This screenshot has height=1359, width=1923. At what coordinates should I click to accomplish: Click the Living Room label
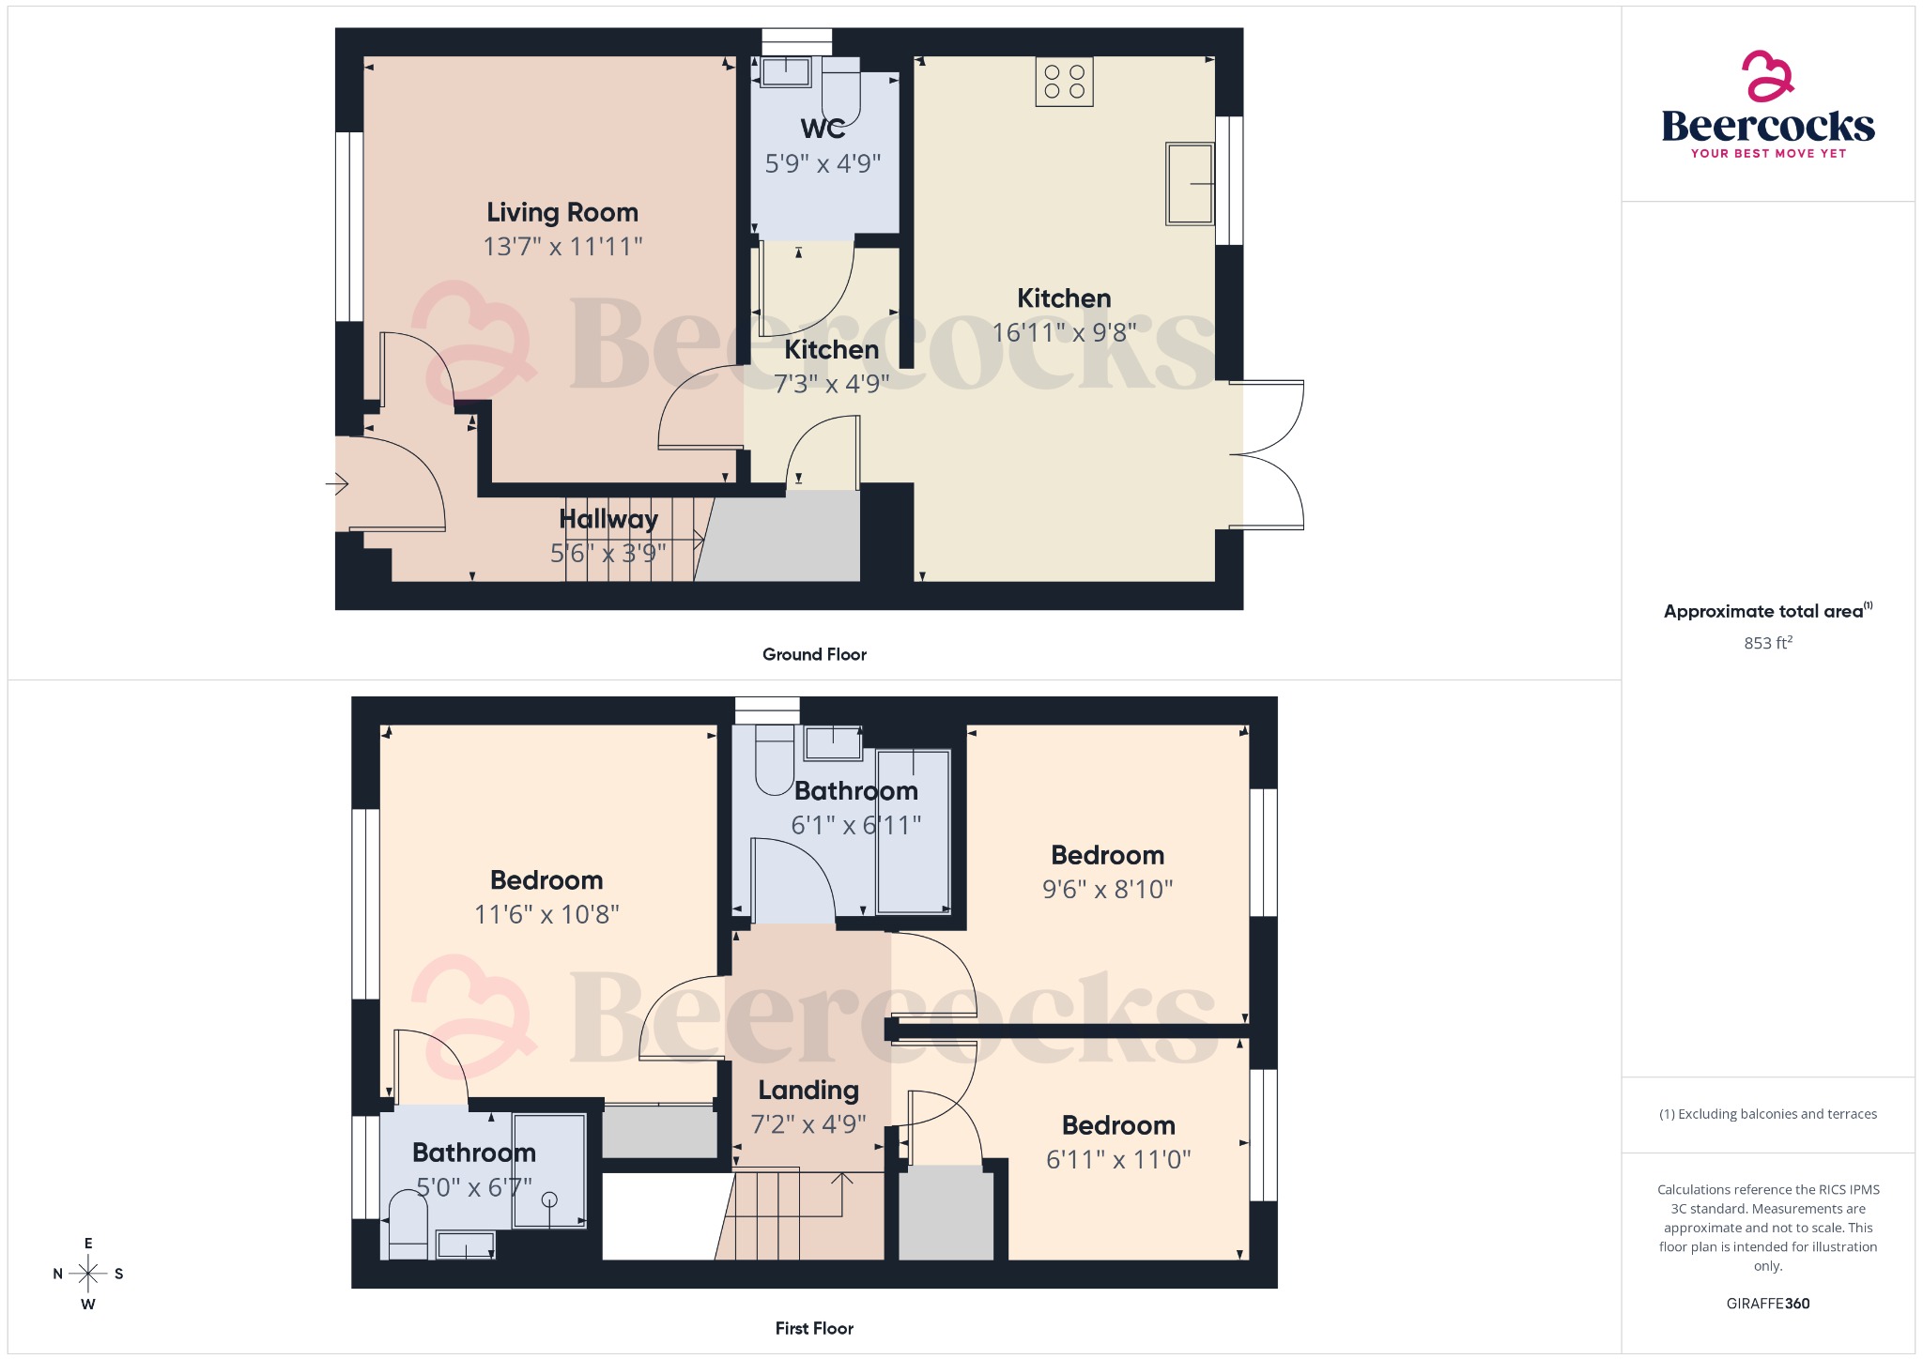coord(562,213)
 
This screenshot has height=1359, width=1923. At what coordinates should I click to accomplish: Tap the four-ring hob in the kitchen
coord(1064,82)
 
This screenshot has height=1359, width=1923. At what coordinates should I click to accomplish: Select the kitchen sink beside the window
coord(1189,184)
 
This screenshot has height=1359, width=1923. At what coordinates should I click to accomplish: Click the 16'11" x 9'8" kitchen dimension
coord(1064,332)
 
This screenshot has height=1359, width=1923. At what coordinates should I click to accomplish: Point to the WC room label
coord(823,129)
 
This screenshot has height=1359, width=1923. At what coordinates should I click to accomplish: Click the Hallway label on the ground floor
coord(608,519)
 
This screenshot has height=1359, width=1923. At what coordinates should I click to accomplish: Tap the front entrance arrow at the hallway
coord(337,484)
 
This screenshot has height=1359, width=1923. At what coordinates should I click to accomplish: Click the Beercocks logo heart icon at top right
coord(1767,76)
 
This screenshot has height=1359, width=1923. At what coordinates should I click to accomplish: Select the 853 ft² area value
coord(1767,643)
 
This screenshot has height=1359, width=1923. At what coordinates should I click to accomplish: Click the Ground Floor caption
coord(814,654)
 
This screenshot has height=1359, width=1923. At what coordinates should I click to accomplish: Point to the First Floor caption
coord(814,1328)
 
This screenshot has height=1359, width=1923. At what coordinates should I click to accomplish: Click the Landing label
coord(808,1090)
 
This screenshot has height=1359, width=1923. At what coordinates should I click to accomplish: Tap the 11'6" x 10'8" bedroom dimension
coord(546,914)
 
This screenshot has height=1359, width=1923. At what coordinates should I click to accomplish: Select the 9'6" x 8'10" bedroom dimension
coord(1107,889)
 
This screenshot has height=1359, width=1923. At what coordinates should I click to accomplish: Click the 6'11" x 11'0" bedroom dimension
coord(1118,1160)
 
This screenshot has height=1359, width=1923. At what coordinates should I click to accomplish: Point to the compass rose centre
coord(88,1274)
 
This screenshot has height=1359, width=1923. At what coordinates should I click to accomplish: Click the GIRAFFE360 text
coord(1767,1304)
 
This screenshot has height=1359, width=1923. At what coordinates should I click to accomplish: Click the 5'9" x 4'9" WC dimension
coord(823,164)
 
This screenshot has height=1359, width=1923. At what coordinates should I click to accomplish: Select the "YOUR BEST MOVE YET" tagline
coord(1768,154)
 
